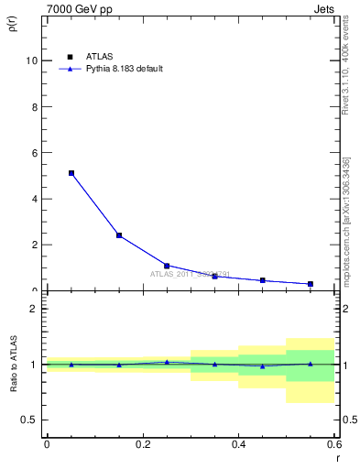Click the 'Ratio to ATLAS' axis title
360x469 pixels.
[x=12, y=365]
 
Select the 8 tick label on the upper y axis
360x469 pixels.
[x=34, y=106]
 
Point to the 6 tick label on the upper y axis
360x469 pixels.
[x=34, y=153]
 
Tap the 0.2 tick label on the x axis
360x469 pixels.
[x=142, y=444]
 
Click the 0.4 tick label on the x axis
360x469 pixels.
[x=238, y=444]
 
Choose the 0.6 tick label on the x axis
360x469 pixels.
[x=333, y=444]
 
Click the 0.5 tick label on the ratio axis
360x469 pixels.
[x=29, y=420]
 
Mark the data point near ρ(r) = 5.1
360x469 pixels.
[x=71, y=173]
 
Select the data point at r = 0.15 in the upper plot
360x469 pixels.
[x=119, y=235]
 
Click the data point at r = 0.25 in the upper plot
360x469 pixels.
[x=167, y=266]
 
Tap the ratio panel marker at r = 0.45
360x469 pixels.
[x=263, y=366]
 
